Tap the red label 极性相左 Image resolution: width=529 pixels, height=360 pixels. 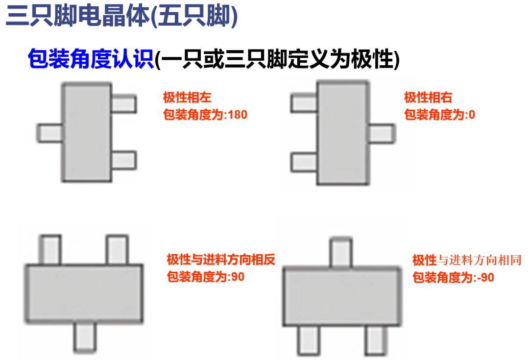tap(187, 96)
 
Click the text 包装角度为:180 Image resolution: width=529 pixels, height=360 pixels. tap(205, 115)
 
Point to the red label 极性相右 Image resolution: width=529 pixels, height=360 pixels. tap(428, 96)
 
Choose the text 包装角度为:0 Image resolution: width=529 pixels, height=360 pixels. tap(439, 115)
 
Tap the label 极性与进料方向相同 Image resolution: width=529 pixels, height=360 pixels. tap(467, 260)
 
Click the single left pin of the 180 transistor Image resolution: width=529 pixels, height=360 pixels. tap(50, 133)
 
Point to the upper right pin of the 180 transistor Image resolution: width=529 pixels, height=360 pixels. tap(123, 103)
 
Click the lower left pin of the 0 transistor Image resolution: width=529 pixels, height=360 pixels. tap(304, 162)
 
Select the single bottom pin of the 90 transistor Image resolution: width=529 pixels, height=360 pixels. tap(85, 337)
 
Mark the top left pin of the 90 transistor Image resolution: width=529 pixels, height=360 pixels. tap(50, 250)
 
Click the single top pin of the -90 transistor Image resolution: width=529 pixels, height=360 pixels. tap(341, 252)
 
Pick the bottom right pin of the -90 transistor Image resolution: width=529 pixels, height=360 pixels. tap(376, 340)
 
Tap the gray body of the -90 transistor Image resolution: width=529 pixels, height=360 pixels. tap(341, 297)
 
